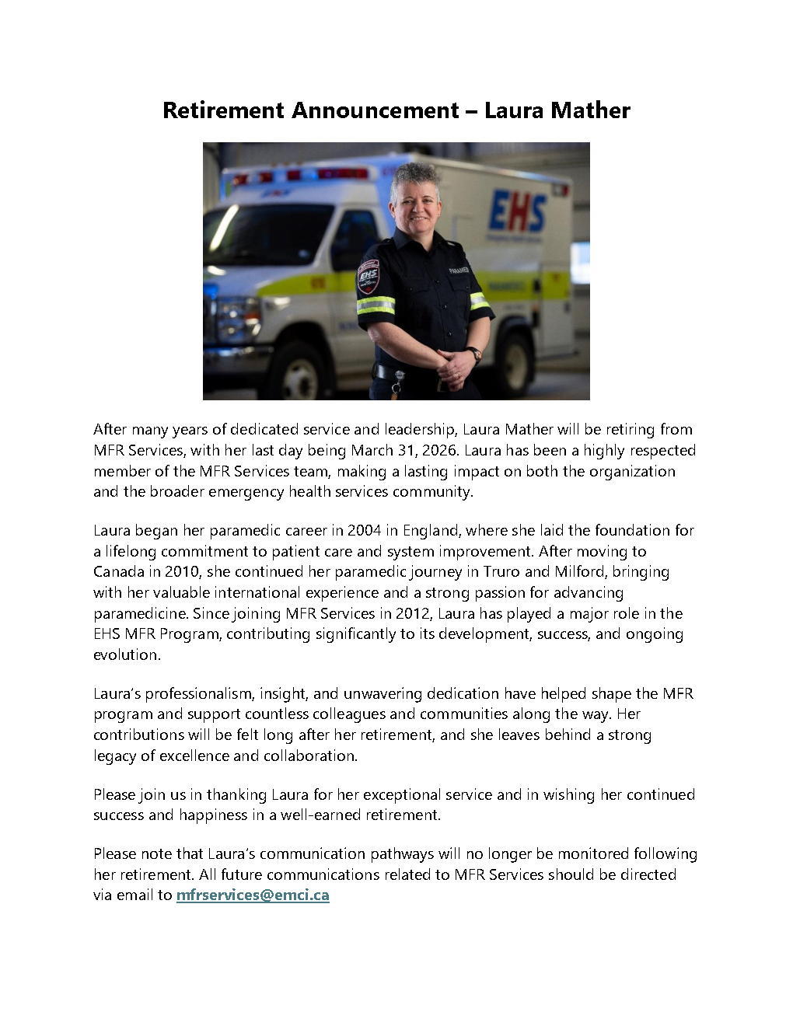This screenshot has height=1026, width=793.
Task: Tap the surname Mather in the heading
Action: tap(591, 110)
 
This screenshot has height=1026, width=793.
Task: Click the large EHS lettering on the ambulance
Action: tap(517, 211)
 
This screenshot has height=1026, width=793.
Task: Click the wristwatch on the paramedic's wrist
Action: tap(474, 354)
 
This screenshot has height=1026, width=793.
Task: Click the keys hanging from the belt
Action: tap(397, 383)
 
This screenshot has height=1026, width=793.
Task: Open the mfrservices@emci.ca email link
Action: tap(253, 895)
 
